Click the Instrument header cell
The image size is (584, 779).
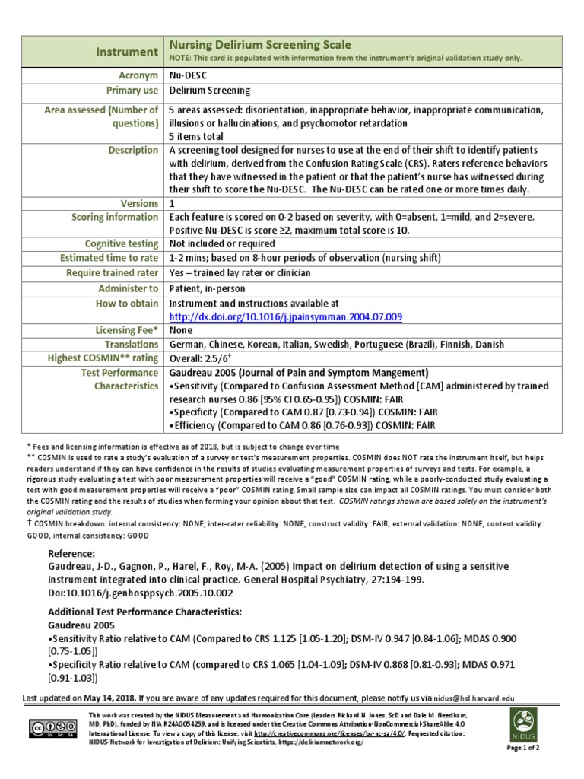(x=127, y=52)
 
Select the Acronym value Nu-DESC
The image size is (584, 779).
(x=187, y=75)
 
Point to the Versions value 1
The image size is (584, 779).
(x=172, y=203)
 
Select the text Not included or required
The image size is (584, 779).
(x=222, y=243)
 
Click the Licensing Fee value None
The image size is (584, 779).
(x=181, y=330)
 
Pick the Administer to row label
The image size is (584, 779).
(x=129, y=288)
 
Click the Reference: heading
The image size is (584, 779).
(x=71, y=553)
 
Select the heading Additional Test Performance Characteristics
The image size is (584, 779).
(x=145, y=612)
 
